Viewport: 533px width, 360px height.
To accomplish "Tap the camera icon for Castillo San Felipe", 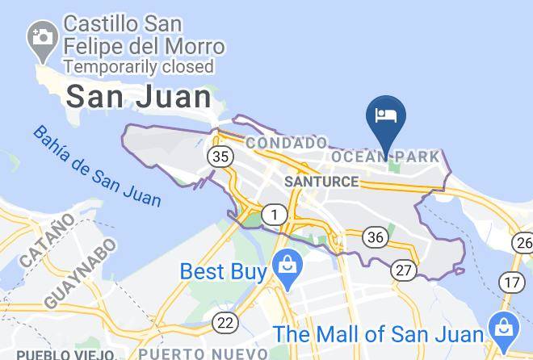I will tap(40, 37).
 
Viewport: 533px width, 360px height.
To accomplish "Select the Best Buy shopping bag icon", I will tap(285, 265).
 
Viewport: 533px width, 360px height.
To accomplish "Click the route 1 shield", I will tap(276, 215).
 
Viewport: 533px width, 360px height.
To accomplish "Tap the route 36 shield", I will tap(375, 237).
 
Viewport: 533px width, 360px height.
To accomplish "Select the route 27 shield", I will tap(404, 270).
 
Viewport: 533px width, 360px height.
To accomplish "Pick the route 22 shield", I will tap(226, 323).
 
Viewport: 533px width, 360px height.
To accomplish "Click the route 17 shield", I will tap(510, 282).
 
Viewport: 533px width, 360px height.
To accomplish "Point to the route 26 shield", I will tap(523, 242).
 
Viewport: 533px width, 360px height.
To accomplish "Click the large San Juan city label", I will tap(138, 98).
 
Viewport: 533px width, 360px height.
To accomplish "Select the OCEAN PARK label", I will tap(386, 156).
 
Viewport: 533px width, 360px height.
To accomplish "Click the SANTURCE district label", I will tap(321, 182).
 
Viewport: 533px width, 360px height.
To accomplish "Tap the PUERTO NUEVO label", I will tap(203, 354).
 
